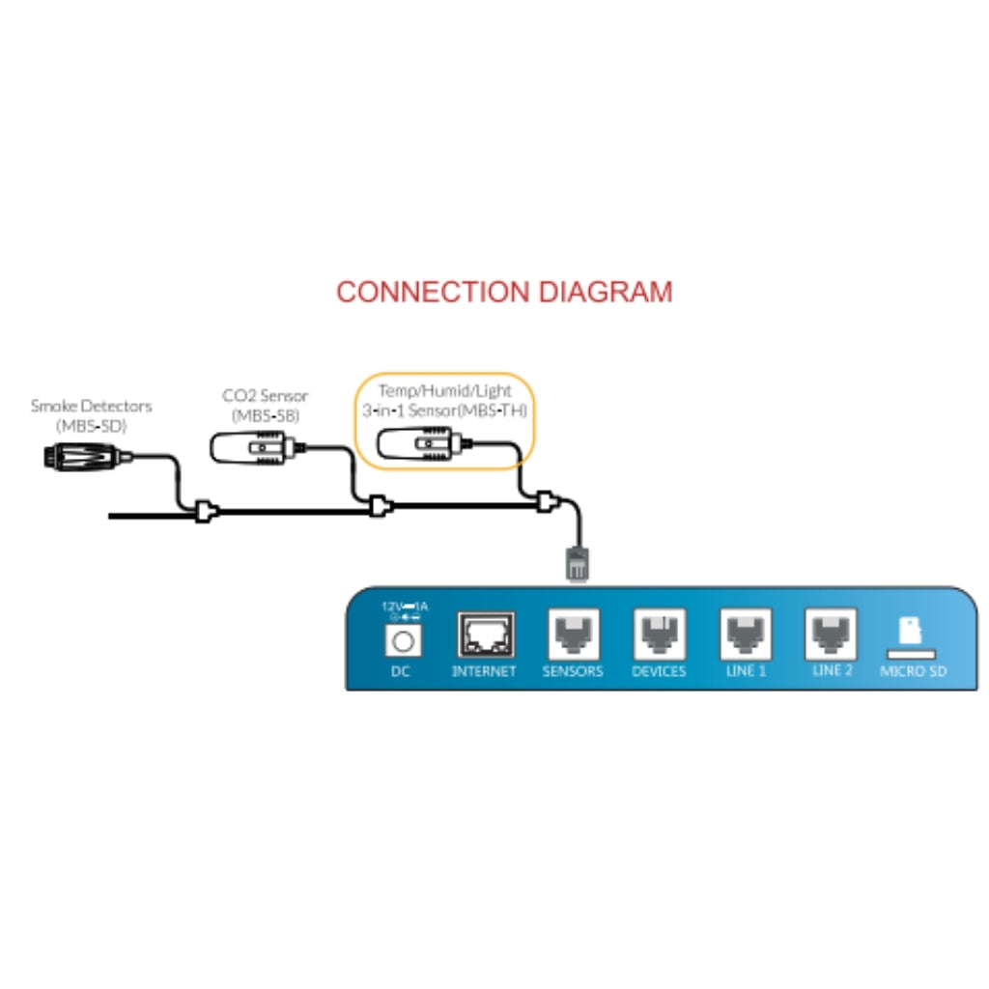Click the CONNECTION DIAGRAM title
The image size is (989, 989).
point(503,292)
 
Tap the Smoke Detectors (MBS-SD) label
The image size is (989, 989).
point(91,415)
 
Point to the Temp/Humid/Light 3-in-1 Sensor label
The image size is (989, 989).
point(444,401)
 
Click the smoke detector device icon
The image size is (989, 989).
point(81,455)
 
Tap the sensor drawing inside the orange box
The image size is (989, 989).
point(417,444)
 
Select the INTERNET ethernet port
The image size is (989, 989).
point(485,635)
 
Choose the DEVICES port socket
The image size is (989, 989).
point(659,635)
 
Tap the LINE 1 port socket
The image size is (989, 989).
point(745,635)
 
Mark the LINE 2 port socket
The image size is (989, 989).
point(831,635)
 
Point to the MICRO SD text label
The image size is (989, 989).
point(913,671)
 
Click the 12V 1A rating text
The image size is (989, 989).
point(405,608)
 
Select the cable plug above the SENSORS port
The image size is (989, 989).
point(577,566)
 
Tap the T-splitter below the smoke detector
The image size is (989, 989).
point(205,512)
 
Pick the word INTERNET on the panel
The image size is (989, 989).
point(484,671)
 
